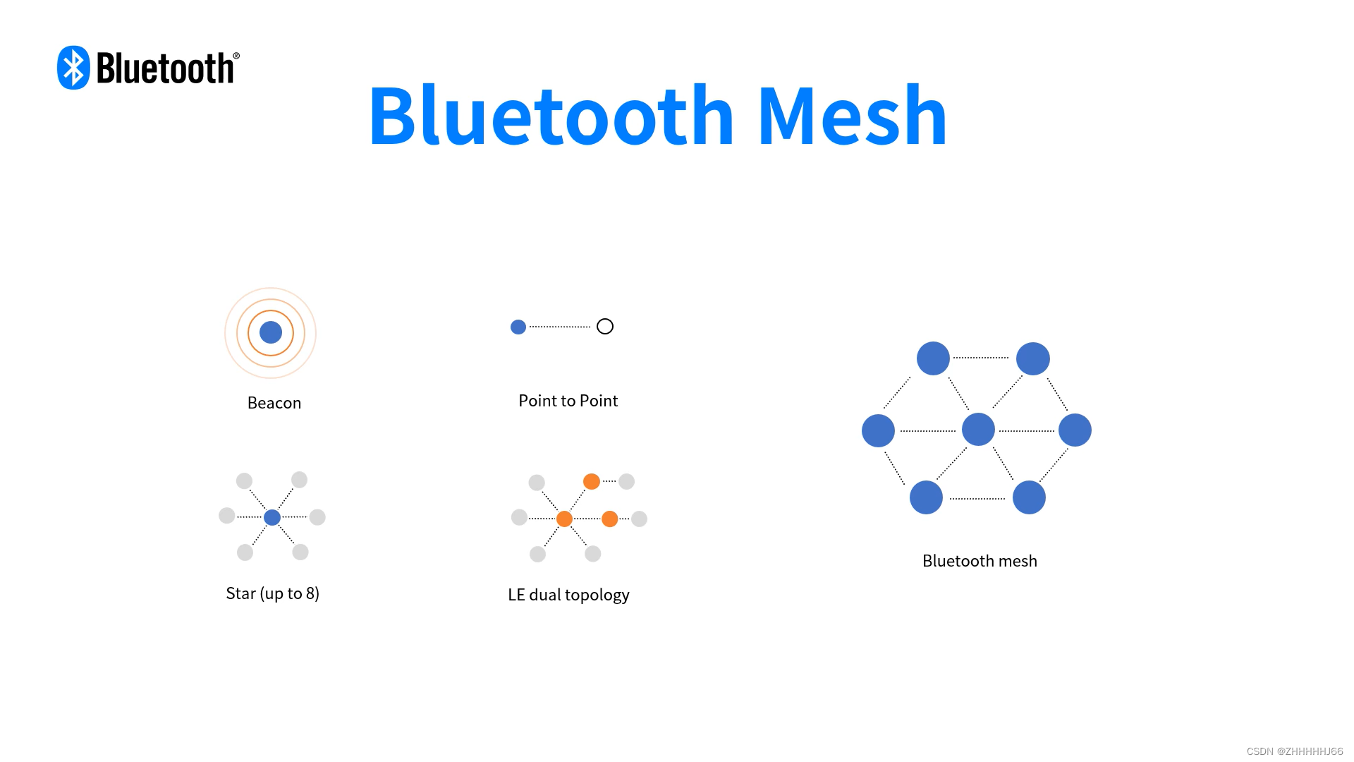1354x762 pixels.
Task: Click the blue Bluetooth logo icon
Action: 73,68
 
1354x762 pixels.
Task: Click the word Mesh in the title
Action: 852,116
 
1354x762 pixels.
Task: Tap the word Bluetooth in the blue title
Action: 551,116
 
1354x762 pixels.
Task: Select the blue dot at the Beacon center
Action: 271,332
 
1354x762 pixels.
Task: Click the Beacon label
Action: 274,403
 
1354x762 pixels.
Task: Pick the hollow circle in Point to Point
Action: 605,327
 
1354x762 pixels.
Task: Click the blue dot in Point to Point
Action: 518,327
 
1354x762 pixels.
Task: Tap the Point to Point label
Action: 568,401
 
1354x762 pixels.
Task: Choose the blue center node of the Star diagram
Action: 272,517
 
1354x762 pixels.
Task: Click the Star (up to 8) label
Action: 272,593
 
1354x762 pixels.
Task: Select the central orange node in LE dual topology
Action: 564,519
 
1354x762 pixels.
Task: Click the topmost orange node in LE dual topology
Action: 592,481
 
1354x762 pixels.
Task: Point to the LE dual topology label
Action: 568,595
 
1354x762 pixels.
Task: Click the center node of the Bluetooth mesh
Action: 978,430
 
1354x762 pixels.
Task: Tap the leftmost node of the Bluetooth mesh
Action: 878,430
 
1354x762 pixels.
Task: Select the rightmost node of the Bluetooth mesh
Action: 1075,430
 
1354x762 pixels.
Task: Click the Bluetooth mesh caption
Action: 980,561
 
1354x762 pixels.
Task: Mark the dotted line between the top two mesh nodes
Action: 981,358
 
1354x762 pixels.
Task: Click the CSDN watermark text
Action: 1294,751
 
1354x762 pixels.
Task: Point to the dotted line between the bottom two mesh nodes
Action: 977,499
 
